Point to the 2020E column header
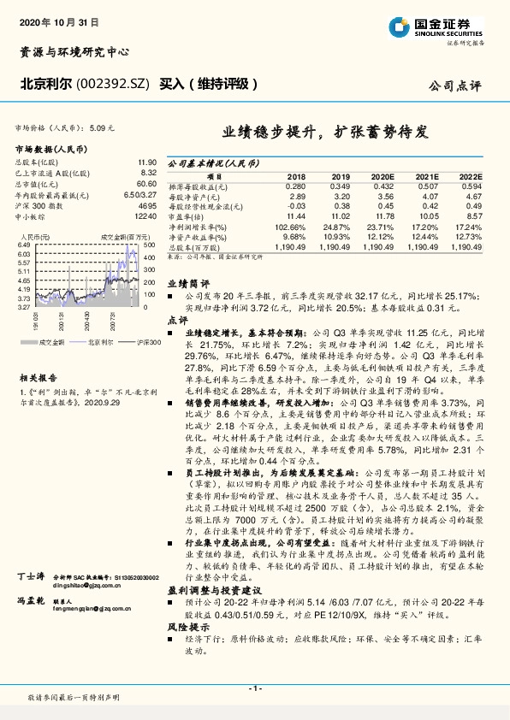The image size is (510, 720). [382, 175]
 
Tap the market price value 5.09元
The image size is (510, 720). [100, 127]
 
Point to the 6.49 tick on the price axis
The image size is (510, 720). [23, 245]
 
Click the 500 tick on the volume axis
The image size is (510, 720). [148, 245]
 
